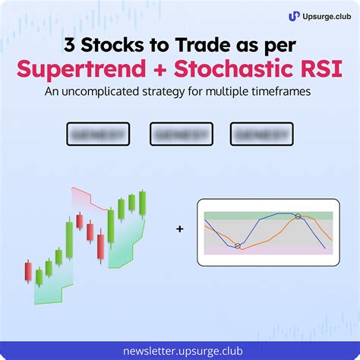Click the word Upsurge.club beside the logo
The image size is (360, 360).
coord(323,15)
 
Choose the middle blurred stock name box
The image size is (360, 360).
coord(180,134)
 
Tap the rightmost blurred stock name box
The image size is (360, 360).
coord(262,134)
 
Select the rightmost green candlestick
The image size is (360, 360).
coord(143,203)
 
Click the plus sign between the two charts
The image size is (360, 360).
coord(179,227)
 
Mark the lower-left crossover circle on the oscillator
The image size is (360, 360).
coord(238,245)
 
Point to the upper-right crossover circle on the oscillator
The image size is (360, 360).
coord(298,216)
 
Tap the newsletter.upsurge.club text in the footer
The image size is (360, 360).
coord(180,350)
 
